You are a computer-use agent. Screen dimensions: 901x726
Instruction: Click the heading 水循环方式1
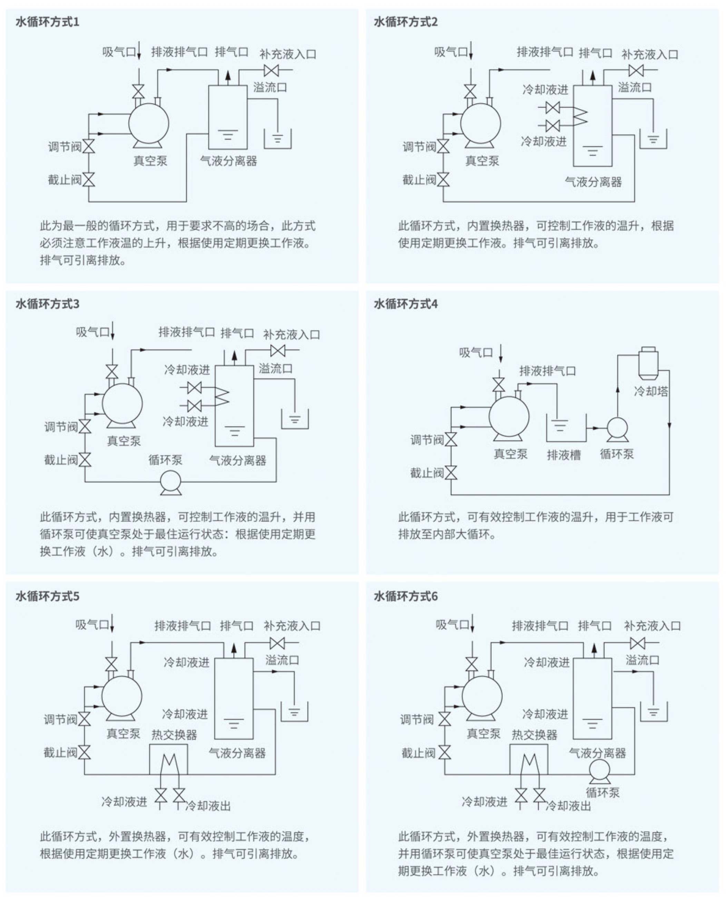(47, 22)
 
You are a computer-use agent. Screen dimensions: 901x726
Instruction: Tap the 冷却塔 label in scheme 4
(651, 391)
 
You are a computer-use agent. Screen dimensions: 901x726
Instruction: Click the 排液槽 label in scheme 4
(564, 455)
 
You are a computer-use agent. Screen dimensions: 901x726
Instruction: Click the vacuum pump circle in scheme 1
(148, 123)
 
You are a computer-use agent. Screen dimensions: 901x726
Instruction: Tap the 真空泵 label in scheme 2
(482, 161)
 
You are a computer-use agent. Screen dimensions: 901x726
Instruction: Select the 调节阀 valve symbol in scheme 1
(88, 146)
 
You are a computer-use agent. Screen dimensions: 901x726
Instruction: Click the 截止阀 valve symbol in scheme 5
(85, 753)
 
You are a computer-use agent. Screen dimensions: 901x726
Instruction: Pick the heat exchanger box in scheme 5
(168, 759)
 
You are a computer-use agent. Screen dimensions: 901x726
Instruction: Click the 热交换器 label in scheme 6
(534, 735)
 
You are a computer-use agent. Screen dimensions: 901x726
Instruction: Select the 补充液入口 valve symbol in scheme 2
(636, 70)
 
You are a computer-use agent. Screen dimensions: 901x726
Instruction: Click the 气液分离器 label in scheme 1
(228, 161)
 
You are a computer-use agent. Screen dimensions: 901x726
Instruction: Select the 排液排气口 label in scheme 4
(547, 371)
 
